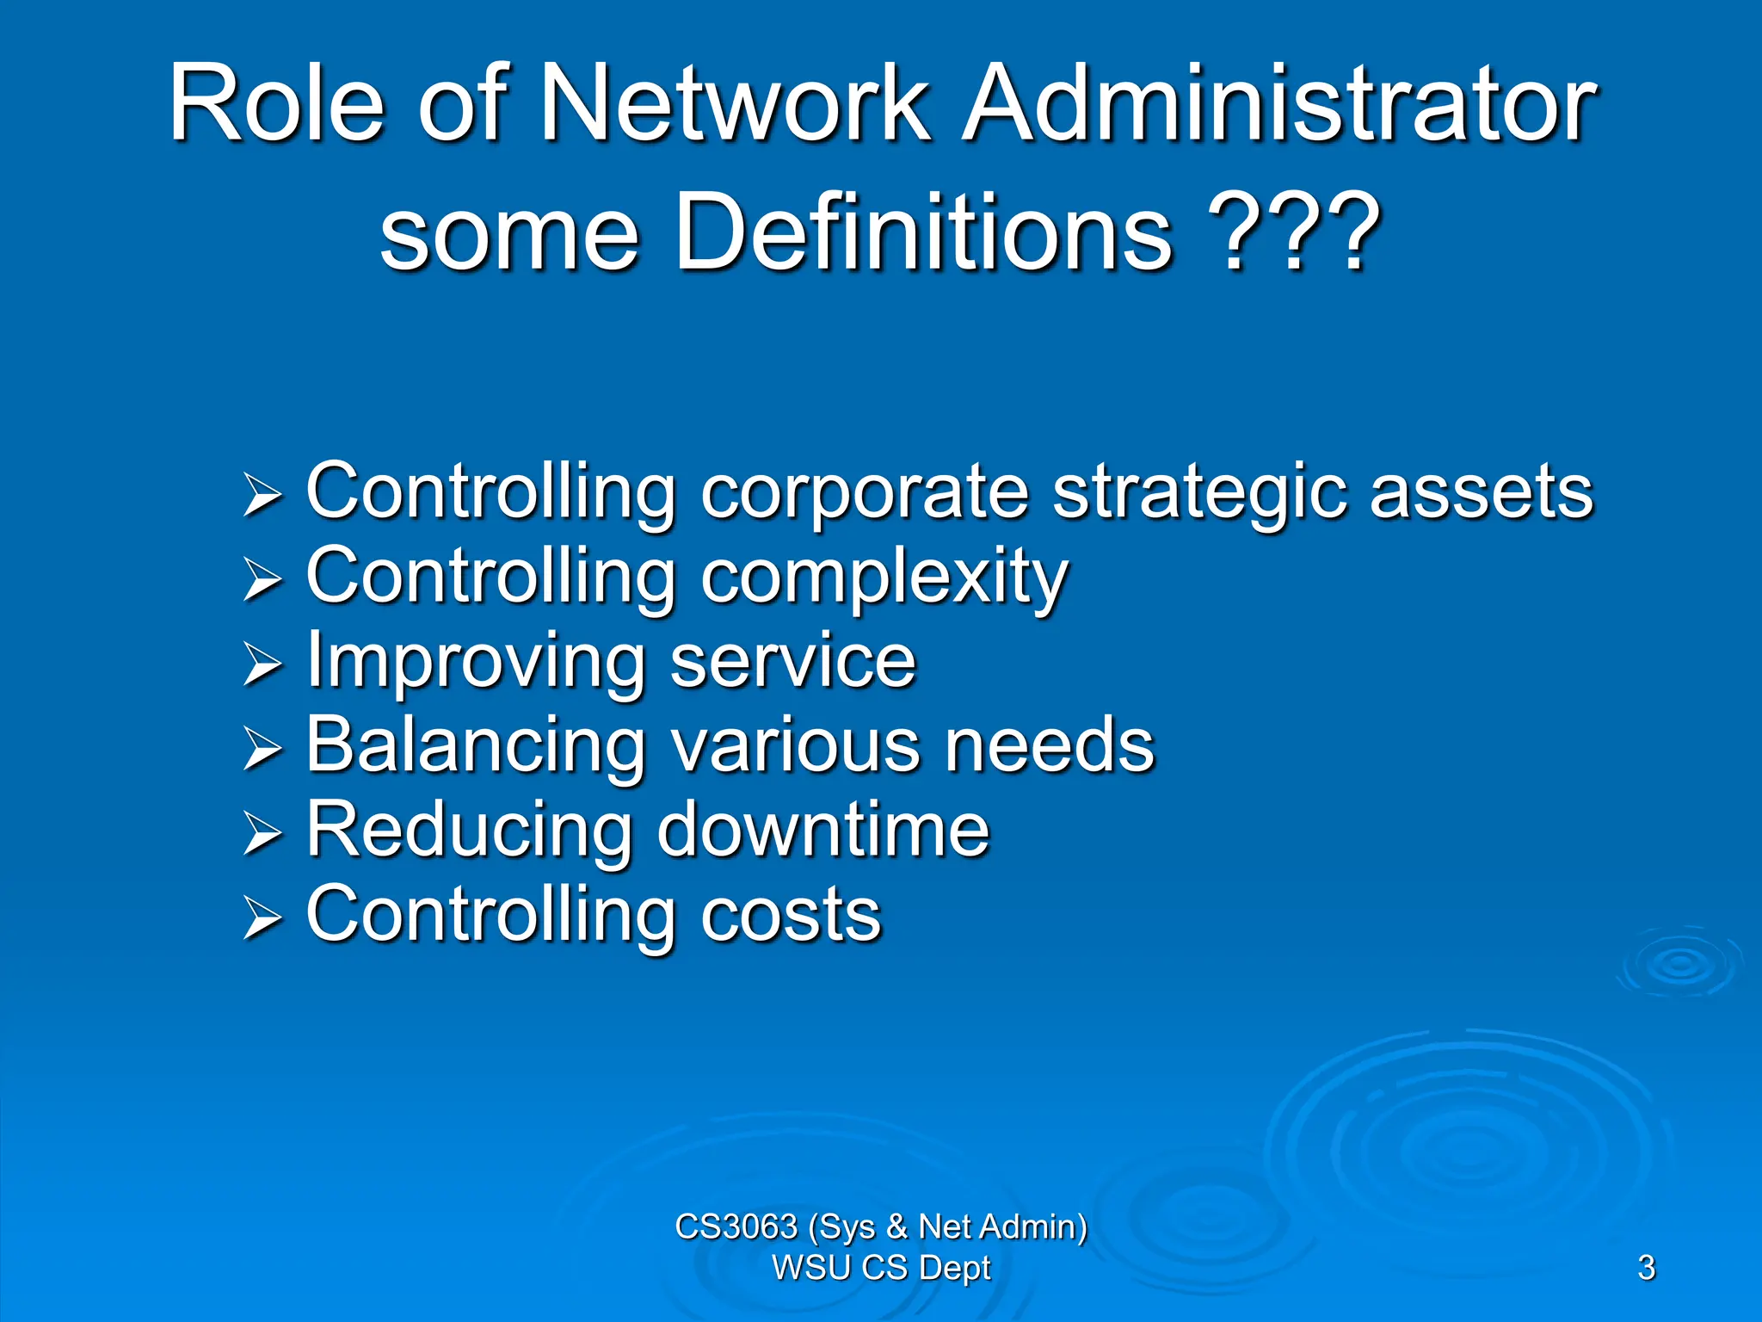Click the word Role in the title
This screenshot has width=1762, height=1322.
[x=276, y=104]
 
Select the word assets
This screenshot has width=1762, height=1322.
[x=1481, y=492]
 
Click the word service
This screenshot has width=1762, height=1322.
[x=792, y=661]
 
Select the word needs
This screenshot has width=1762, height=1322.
[x=1049, y=744]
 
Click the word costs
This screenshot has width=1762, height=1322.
[x=791, y=915]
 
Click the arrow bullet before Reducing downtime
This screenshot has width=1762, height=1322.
[x=262, y=833]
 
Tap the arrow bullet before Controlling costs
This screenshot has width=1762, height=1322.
[x=262, y=917]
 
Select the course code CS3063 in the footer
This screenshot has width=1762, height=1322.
[x=736, y=1226]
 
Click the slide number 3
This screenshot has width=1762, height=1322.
[x=1646, y=1268]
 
